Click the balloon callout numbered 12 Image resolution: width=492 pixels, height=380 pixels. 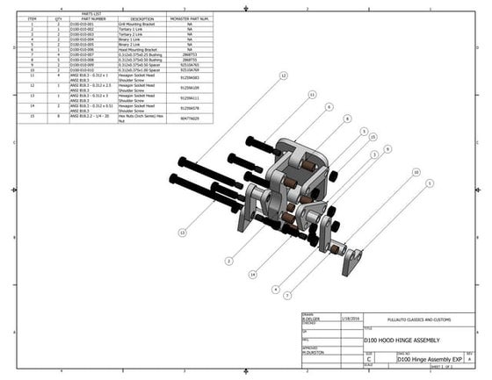tap(283, 76)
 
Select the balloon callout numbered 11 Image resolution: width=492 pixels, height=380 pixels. tap(312, 94)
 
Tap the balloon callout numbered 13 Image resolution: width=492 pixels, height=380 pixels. tap(182, 233)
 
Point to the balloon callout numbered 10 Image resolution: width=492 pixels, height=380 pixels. tap(416, 173)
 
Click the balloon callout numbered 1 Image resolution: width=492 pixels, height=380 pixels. tap(430, 183)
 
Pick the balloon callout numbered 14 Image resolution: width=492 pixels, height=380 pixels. tap(251, 275)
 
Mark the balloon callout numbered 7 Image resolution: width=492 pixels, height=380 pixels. tap(287, 296)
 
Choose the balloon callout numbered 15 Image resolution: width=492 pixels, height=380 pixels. tap(373, 137)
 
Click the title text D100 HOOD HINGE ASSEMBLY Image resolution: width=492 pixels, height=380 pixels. tap(396, 341)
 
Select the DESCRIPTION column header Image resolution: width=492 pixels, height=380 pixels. tap(141, 18)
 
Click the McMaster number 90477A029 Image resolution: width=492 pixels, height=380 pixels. tap(189, 117)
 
